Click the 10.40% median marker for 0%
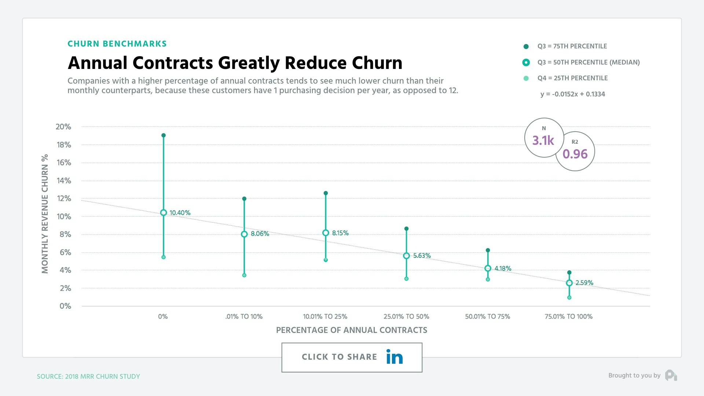[164, 213]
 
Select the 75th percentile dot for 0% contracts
[164, 135]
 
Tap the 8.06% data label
[260, 234]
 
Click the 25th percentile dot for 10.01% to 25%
[326, 260]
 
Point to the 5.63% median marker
[406, 256]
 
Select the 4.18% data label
[503, 268]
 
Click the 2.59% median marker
[569, 283]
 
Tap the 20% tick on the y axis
[63, 127]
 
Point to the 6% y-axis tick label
[65, 252]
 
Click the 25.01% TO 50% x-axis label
[406, 316]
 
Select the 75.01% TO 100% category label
[568, 316]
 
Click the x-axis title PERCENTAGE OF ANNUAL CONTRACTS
[351, 330]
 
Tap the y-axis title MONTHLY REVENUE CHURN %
[45, 213]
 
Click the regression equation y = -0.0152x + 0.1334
[572, 94]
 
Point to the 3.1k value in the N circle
[543, 140]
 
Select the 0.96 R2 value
[575, 154]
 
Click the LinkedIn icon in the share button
[395, 357]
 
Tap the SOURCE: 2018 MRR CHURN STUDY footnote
[88, 376]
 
